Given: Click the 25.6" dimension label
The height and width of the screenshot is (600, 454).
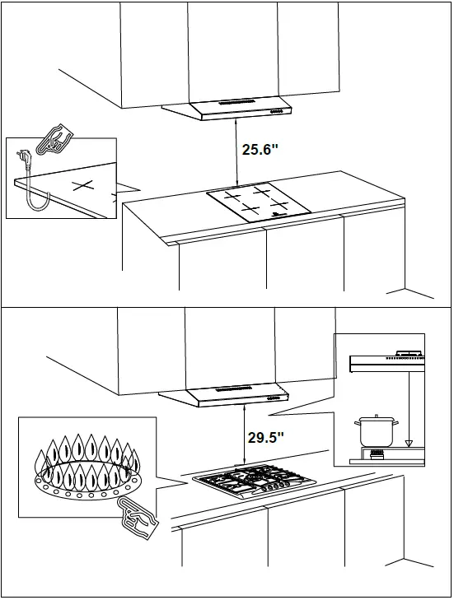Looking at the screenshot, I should (261, 151).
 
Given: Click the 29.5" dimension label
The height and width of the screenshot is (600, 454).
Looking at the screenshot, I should (265, 437).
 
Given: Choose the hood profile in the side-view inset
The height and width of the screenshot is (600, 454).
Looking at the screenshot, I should (387, 360).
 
